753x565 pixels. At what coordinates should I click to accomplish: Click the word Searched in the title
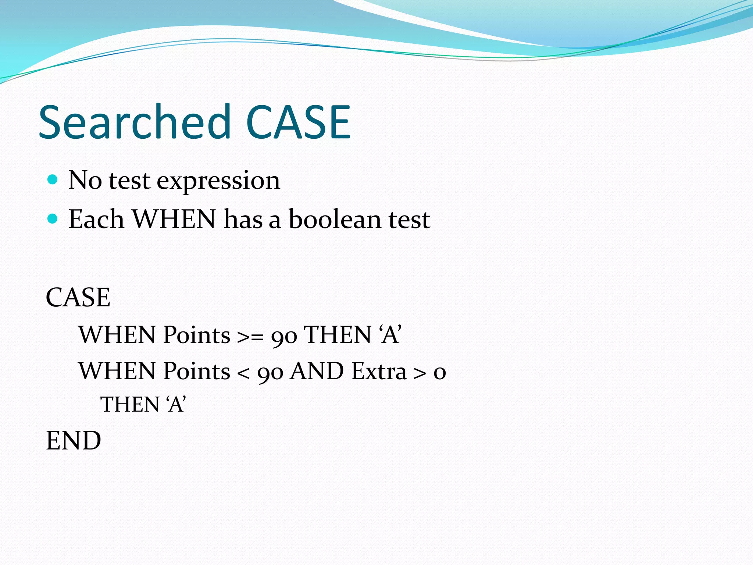tap(135, 122)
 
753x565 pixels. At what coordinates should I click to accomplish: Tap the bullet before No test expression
tap(53, 180)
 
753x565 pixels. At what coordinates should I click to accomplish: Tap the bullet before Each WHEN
tap(53, 219)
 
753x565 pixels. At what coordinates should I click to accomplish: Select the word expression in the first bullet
tap(218, 181)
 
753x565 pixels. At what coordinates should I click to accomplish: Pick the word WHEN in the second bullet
tap(174, 219)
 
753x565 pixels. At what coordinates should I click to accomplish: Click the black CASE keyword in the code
tap(78, 297)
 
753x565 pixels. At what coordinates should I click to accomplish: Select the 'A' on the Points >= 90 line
tap(390, 335)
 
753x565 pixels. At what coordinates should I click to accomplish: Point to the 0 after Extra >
tap(440, 372)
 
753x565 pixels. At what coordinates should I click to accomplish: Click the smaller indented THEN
tap(129, 405)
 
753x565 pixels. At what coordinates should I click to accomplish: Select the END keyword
tap(74, 441)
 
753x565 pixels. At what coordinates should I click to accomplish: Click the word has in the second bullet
tap(243, 219)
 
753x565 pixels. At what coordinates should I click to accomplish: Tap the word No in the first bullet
tap(85, 180)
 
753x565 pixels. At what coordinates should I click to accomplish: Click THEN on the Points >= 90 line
tap(338, 335)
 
